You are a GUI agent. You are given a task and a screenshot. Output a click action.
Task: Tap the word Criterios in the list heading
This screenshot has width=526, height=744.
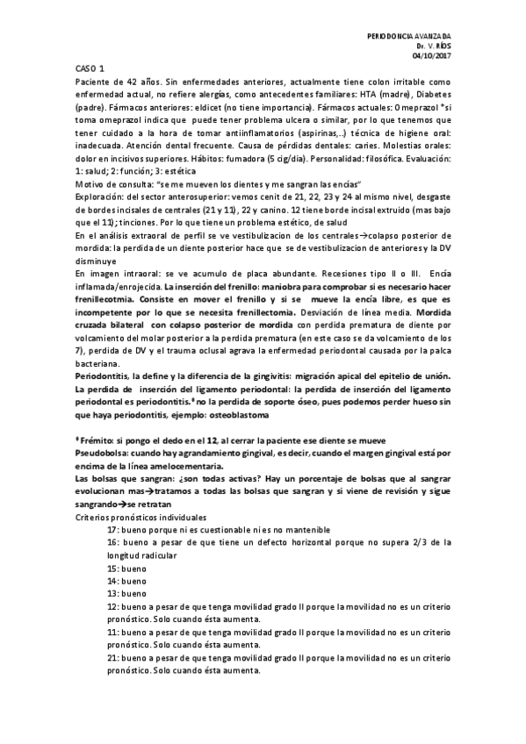[x=93, y=519]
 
